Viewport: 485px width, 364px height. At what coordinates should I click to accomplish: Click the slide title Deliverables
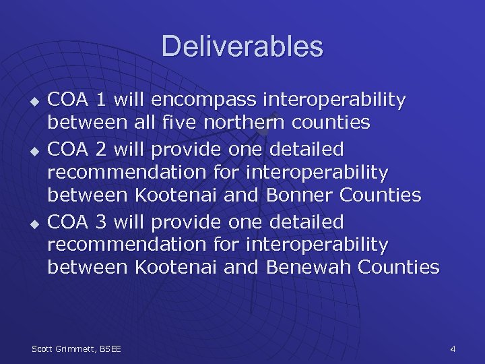click(x=242, y=47)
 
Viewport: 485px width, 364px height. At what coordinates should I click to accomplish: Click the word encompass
click(x=197, y=100)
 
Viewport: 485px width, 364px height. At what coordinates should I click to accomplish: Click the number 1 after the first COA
click(x=100, y=100)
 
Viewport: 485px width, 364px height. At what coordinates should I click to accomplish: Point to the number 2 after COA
click(x=101, y=148)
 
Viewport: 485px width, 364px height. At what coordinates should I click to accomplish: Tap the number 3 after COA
click(x=101, y=221)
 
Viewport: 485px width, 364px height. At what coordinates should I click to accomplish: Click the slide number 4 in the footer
click(x=453, y=348)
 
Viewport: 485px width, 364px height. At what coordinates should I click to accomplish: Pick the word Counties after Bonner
click(x=381, y=195)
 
